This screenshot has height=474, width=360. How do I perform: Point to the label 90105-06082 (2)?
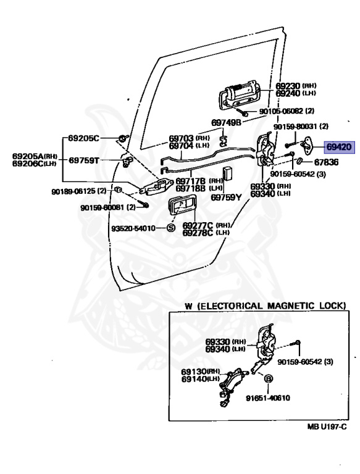287,111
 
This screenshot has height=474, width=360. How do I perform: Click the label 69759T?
85,160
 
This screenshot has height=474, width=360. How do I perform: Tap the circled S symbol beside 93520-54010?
171,228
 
